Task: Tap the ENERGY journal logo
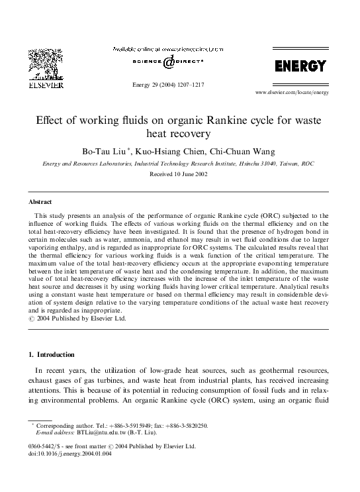300,66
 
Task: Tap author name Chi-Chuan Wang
246,151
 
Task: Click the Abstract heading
40,201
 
